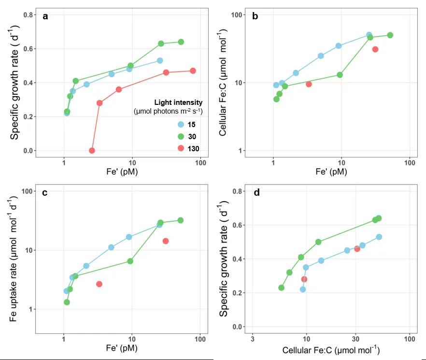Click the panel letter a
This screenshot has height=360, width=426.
point(45,16)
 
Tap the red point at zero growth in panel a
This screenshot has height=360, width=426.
point(92,150)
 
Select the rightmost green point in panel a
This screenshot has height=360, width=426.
point(181,42)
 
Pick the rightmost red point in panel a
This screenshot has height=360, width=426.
point(193,71)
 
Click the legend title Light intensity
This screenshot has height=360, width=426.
point(177,102)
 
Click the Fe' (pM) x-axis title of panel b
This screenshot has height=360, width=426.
point(331,172)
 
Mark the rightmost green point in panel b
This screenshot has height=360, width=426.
point(390,35)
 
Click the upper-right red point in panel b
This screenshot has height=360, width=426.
point(375,49)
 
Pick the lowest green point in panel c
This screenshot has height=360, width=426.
point(67,302)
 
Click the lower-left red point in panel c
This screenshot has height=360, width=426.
point(99,284)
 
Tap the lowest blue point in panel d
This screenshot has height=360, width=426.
point(303,289)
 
